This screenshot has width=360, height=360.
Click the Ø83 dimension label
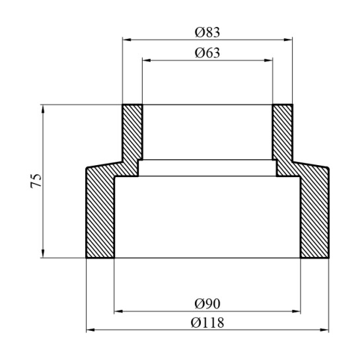click(207, 32)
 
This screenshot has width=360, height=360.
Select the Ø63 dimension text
click(207, 53)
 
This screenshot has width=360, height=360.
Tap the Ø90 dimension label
click(207, 304)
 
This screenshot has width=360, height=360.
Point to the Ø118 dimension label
click(207, 322)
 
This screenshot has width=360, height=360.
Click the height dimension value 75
click(36, 181)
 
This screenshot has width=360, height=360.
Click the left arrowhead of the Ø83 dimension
click(127, 40)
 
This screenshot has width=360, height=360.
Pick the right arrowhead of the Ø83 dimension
click(288, 40)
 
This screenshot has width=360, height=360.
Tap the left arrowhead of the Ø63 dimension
click(147, 60)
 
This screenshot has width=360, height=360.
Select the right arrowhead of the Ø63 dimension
click(268, 60)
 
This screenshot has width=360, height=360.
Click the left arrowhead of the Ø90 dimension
click(118, 311)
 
